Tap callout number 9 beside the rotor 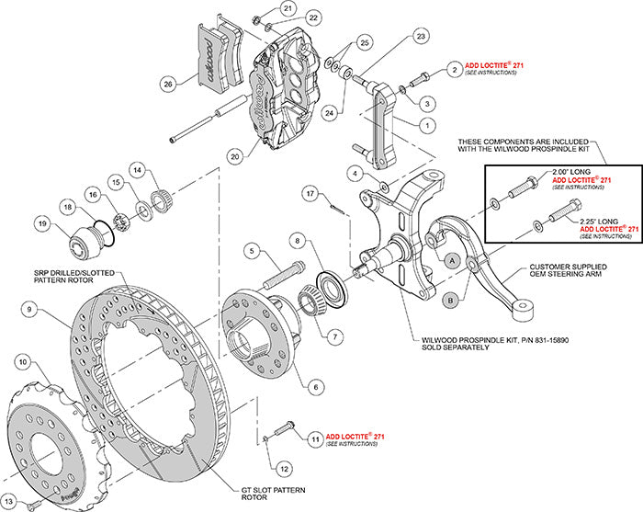coord(29,312)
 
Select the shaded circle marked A coord(452,260)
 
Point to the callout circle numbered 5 coord(249,250)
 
